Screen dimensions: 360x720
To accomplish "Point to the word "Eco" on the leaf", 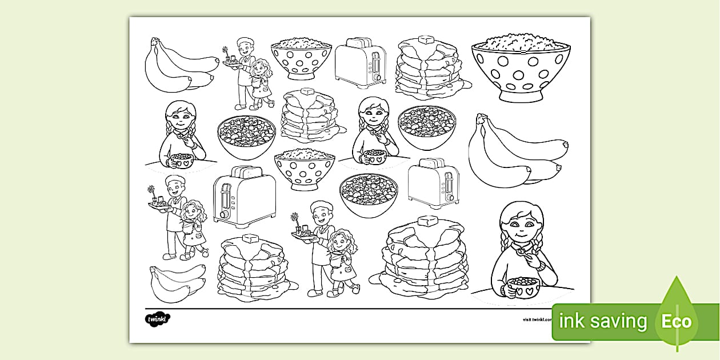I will click(x=677, y=321).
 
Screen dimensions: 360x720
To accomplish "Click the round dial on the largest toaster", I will click(x=225, y=214).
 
